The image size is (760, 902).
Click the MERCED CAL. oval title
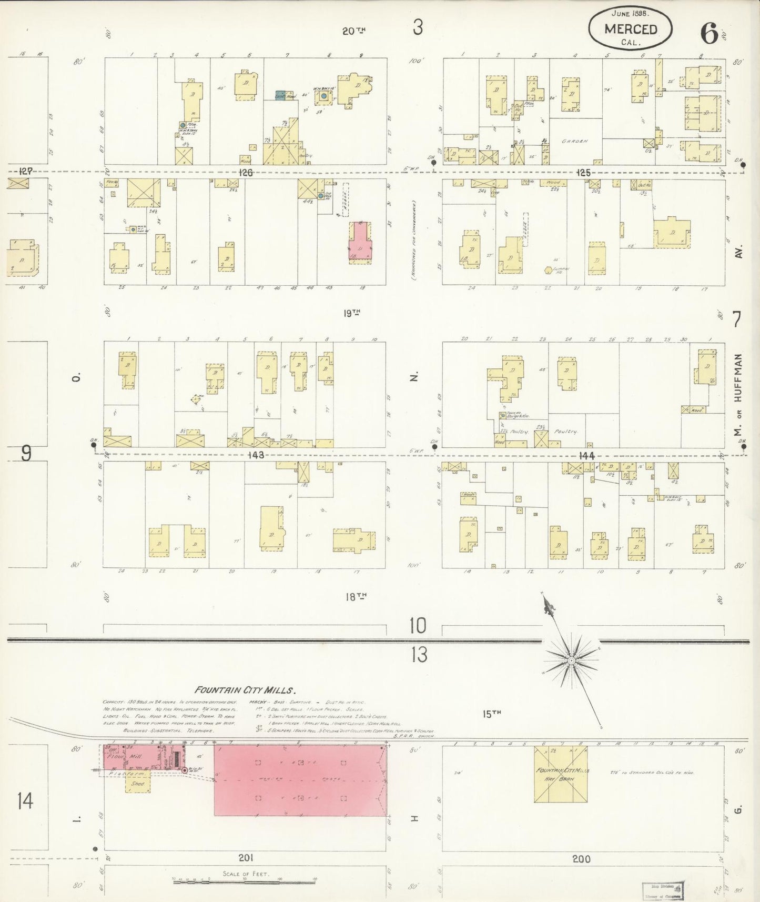pos(630,29)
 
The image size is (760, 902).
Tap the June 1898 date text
pos(631,12)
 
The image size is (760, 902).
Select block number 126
pos(246,173)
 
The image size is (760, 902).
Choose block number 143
pos(257,455)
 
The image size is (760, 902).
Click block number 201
pos(246,858)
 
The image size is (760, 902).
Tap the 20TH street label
pos(353,31)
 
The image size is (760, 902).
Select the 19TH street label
pos(352,313)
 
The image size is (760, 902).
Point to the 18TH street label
pos(355,596)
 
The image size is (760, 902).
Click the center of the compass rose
pos(571,659)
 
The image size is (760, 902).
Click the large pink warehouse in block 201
pos(300,780)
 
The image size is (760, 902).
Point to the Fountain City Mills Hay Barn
pos(561,774)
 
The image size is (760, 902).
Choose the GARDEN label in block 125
pos(574,141)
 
